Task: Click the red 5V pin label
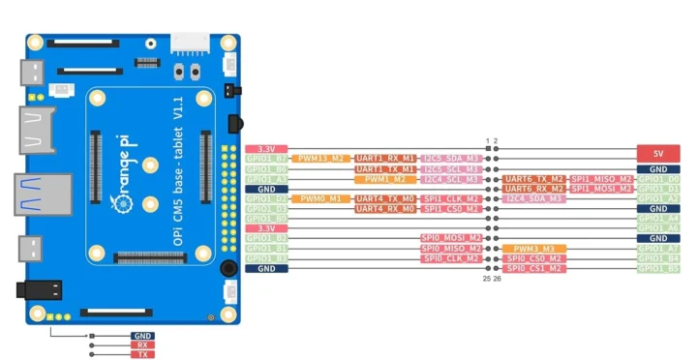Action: tap(658, 153)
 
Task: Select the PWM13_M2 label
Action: tap(322, 158)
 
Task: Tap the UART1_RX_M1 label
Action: tap(385, 158)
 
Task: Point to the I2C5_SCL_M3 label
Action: tap(451, 168)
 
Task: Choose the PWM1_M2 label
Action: tap(385, 179)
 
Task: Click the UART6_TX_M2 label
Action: tap(534, 179)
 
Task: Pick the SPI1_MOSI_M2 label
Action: tap(601, 189)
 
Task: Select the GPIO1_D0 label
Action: tap(658, 179)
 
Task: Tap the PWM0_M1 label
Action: tap(322, 198)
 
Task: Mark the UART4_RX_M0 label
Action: tap(385, 209)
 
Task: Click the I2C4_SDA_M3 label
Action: tap(534, 198)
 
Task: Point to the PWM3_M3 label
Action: tap(534, 249)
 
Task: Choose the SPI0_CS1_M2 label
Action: tap(534, 269)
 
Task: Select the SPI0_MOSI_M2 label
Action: tap(451, 238)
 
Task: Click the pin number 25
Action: tap(487, 279)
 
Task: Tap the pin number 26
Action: tap(497, 279)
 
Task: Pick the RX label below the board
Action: tap(142, 345)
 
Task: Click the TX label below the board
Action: tap(142, 354)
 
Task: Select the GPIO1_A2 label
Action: tap(658, 198)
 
